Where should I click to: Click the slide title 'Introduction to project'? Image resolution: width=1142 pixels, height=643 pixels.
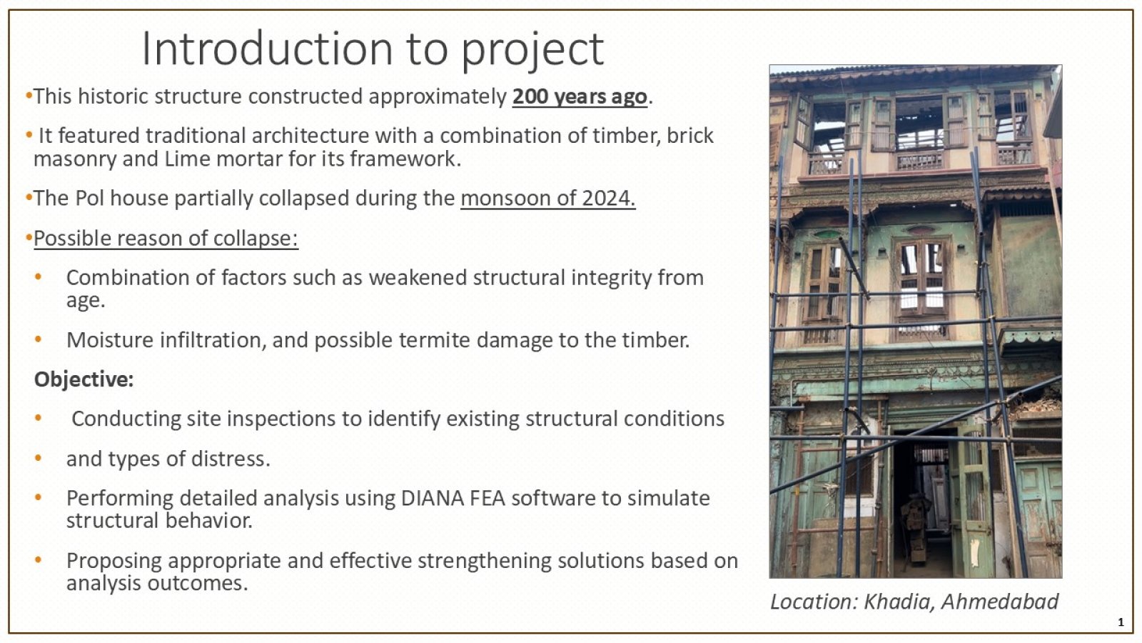(x=373, y=49)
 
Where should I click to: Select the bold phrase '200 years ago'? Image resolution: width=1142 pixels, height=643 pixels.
(x=580, y=96)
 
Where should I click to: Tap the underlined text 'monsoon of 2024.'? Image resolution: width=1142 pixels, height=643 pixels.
(x=548, y=198)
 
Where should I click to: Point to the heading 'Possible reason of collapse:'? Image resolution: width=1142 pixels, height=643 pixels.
(x=166, y=239)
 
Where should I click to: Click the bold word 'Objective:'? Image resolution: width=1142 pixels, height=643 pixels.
(x=84, y=379)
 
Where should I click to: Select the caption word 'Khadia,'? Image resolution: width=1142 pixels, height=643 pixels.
(x=899, y=602)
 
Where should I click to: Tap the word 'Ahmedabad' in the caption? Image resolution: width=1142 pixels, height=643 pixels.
(x=1000, y=602)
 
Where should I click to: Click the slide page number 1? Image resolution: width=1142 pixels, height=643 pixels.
(x=1121, y=622)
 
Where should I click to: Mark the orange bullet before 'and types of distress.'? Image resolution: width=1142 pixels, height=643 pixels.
(x=39, y=458)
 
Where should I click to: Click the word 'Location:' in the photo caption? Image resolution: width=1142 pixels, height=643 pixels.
(x=814, y=602)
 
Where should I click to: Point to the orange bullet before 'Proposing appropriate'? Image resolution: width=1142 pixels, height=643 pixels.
(x=39, y=560)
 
